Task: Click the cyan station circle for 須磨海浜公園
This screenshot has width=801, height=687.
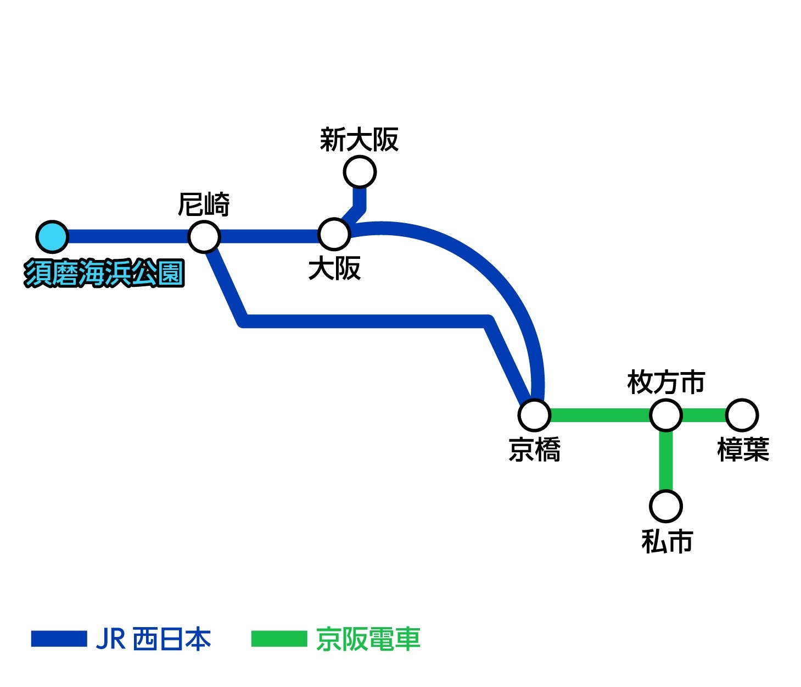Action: [x=52, y=237]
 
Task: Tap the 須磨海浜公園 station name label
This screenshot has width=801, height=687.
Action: [x=104, y=273]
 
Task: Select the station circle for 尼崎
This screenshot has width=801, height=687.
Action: [x=204, y=237]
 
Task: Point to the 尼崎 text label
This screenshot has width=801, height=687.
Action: [x=204, y=205]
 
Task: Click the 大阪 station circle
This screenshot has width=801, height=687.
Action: [x=334, y=234]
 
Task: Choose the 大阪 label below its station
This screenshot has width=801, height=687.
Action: [x=334, y=269]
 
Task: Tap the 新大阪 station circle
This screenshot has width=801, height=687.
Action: [x=360, y=172]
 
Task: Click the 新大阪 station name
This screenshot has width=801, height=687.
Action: [x=359, y=140]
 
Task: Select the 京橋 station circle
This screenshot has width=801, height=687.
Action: [x=534, y=415]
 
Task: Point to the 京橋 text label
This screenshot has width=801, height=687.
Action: [x=535, y=450]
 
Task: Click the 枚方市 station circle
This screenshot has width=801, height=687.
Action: [x=666, y=415]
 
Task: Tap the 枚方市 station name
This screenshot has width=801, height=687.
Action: [x=666, y=383]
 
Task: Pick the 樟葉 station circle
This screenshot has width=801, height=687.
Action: [x=742, y=415]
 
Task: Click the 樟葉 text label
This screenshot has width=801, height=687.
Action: [x=743, y=450]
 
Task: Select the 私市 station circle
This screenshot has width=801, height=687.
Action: [x=666, y=506]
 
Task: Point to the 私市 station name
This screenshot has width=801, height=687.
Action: [x=667, y=541]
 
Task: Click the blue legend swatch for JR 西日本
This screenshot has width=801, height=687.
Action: [x=59, y=639]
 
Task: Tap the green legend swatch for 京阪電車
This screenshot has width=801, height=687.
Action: [x=279, y=639]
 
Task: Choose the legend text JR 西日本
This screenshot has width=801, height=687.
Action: [x=154, y=639]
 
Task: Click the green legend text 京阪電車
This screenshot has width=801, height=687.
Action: [x=368, y=639]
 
